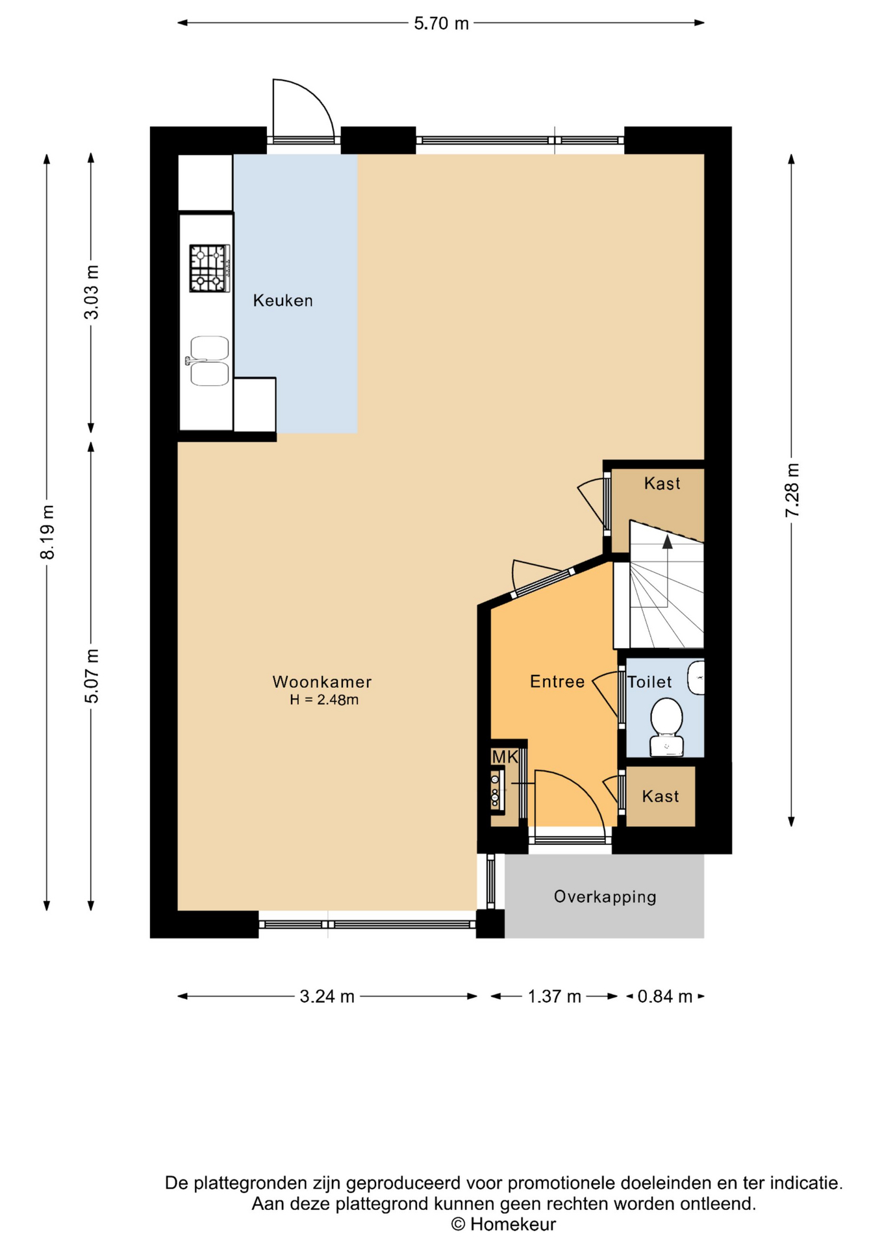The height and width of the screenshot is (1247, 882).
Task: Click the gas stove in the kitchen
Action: tap(210, 268)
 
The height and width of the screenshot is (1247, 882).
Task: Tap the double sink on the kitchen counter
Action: tap(208, 361)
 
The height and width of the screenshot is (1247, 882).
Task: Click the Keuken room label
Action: tap(283, 301)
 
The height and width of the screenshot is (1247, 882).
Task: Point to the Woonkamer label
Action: tap(322, 682)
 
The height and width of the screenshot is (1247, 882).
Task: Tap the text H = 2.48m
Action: tap(324, 699)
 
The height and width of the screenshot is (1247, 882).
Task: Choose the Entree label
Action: tap(557, 681)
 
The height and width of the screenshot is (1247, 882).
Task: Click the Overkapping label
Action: tap(605, 897)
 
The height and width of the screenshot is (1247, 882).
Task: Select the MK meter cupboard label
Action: tap(505, 757)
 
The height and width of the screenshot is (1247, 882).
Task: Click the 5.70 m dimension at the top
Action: tap(441, 23)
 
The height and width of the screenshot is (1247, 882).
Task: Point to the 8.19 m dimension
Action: tap(47, 532)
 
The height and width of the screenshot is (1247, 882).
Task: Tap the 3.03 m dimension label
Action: tap(92, 292)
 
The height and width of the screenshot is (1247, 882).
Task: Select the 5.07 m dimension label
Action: tap(92, 675)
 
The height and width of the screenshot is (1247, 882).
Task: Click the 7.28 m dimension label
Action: tap(792, 490)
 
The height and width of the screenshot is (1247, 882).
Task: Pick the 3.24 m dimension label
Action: tap(327, 996)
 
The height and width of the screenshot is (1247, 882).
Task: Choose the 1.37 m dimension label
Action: tap(554, 996)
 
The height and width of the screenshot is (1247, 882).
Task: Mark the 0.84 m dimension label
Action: tap(665, 996)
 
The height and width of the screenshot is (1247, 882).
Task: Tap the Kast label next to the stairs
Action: tap(662, 483)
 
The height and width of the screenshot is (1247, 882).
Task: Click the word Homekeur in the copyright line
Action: tap(512, 1224)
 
